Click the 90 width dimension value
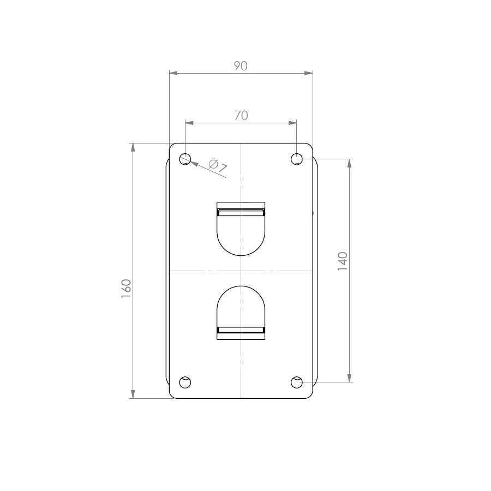(241, 66)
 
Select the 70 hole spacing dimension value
(241, 116)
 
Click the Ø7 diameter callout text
(218, 166)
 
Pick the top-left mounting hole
(185, 159)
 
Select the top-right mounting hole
(296, 159)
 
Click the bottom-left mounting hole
(185, 382)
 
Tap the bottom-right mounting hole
(296, 382)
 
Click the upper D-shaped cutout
(241, 235)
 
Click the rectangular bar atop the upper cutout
(241, 209)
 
